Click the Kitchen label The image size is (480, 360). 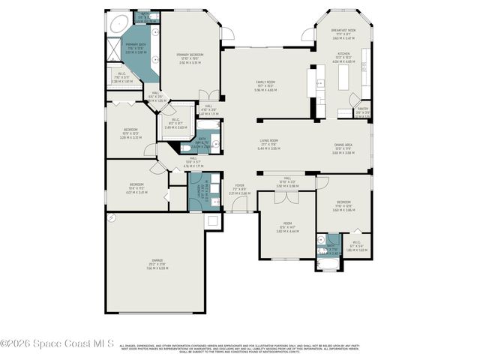point(343,58)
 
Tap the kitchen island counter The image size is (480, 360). point(346,78)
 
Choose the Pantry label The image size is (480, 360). point(362,114)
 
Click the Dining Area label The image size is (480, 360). point(343,149)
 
